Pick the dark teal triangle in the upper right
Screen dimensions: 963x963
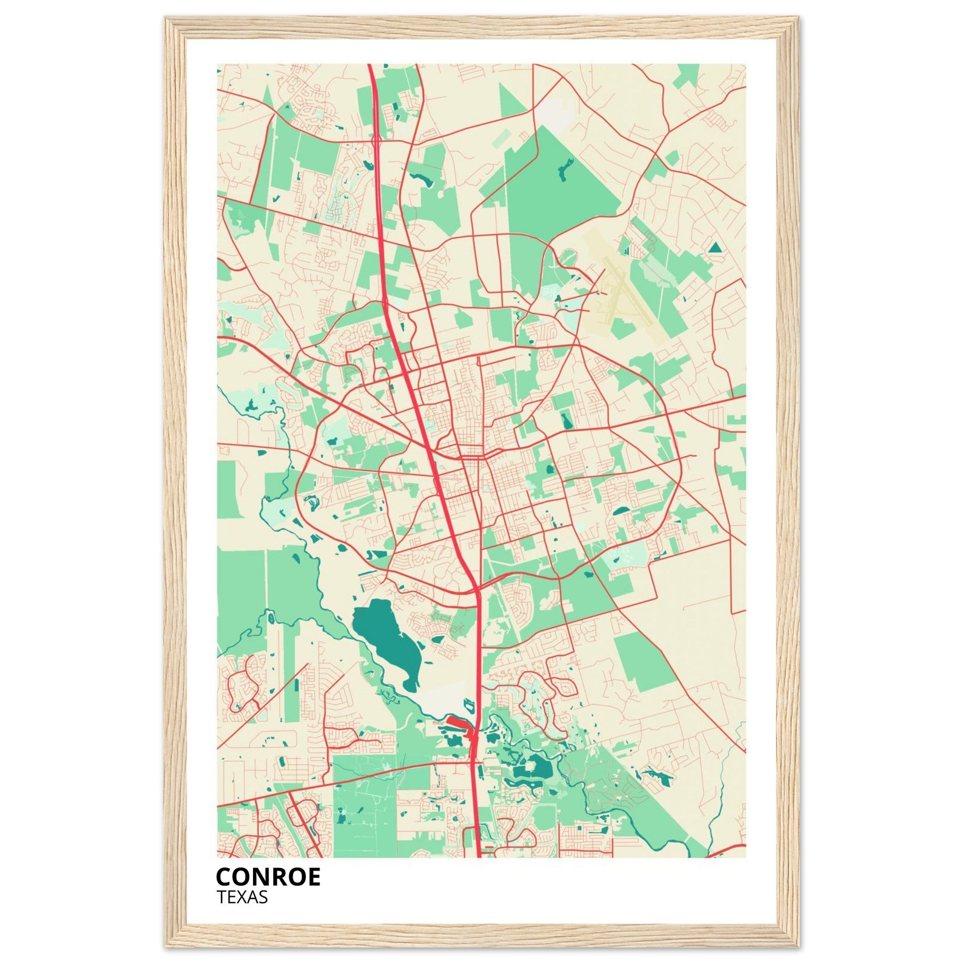point(715,247)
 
